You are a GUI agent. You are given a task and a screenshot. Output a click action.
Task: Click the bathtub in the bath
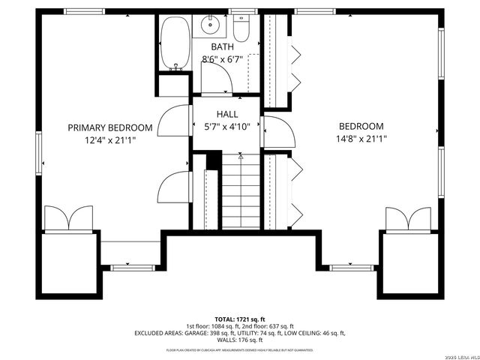tap(175, 43)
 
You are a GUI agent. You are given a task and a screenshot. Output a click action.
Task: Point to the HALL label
tap(227, 114)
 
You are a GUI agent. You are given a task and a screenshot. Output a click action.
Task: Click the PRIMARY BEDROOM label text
tap(110, 127)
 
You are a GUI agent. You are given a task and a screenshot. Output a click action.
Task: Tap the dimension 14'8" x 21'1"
tap(361, 138)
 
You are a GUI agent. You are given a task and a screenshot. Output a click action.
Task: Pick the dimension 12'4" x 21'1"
tap(110, 139)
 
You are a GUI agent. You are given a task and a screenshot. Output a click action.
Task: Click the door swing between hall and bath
tap(217, 77)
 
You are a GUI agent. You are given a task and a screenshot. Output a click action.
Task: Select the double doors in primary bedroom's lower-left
tap(68, 218)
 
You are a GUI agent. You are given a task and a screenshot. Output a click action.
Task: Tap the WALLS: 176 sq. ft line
tap(239, 340)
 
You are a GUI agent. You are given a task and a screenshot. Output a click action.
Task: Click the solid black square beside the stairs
tap(213, 160)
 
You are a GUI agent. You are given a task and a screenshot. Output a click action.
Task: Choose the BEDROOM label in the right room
tap(361, 127)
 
